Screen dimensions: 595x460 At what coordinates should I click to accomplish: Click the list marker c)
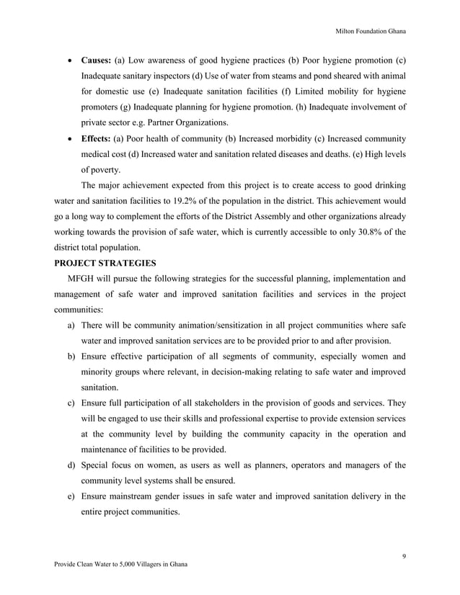(72, 404)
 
